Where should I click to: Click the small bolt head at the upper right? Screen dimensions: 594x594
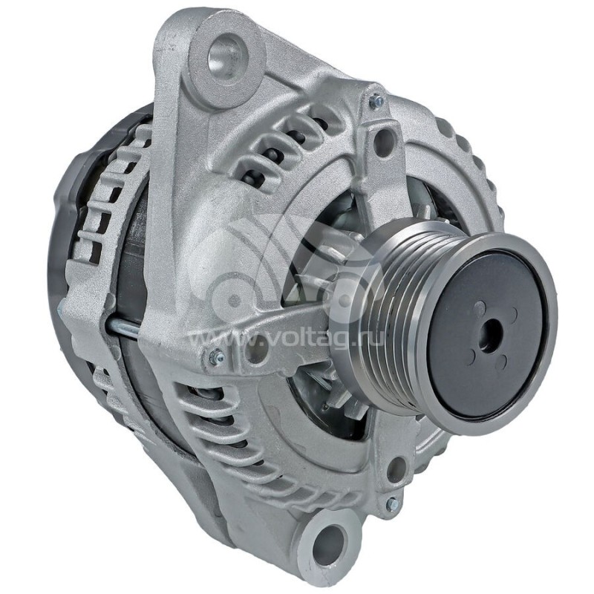(376, 100)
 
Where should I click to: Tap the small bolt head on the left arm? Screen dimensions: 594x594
(216, 357)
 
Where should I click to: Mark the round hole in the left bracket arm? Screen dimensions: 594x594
(256, 349)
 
